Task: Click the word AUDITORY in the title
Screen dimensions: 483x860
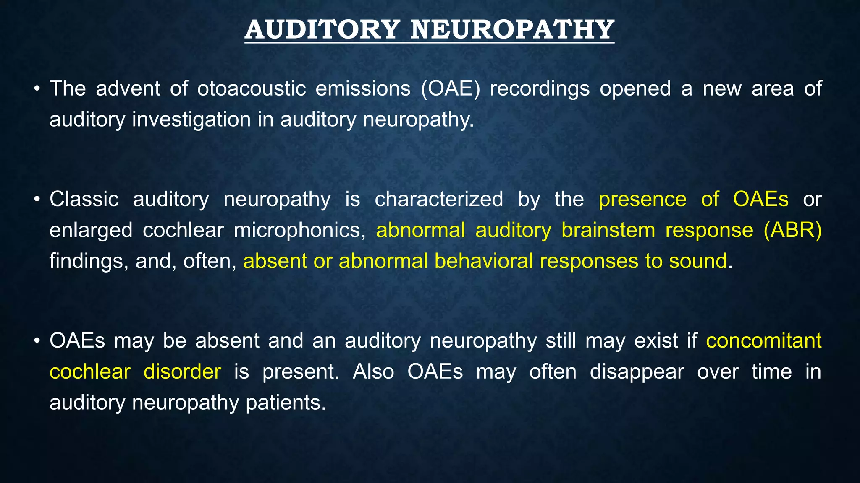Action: [x=322, y=30]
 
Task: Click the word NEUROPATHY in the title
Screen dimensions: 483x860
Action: [x=512, y=30]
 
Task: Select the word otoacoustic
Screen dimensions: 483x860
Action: [x=251, y=89]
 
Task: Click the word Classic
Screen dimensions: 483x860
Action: [x=84, y=199]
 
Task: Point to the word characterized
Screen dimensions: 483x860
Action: [x=439, y=199]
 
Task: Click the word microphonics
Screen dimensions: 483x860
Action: [x=299, y=231]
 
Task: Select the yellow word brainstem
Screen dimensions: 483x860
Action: [x=608, y=231]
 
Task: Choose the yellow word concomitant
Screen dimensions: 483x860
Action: [x=763, y=341]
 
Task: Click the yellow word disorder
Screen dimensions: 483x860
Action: [x=182, y=372]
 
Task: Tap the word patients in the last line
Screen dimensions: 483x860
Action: [x=286, y=403]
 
